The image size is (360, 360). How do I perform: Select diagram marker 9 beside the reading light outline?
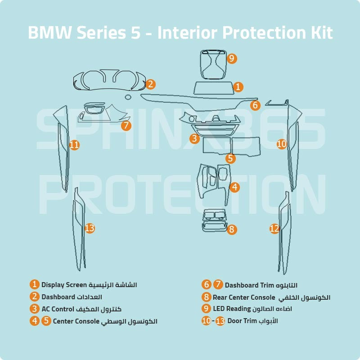[x=232, y=58]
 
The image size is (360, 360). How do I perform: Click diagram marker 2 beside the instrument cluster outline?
[x=151, y=84]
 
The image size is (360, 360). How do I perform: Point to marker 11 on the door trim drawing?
[x=75, y=145]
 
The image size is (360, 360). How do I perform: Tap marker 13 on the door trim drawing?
[x=90, y=228]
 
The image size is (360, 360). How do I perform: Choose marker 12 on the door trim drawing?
[x=274, y=229]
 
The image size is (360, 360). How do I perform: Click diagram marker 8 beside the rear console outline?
[x=232, y=229]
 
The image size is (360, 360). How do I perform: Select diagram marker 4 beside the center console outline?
[x=234, y=187]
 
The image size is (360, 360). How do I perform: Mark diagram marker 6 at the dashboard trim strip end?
[x=256, y=105]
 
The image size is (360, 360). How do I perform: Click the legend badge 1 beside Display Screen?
[x=35, y=284]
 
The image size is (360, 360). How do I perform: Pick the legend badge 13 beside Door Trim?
[x=220, y=321]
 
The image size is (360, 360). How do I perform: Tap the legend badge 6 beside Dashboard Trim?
[x=206, y=284]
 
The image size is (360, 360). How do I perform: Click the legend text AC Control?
[x=58, y=309]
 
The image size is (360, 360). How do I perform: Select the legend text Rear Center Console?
[x=244, y=297]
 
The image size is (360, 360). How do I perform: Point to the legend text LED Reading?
[x=232, y=309]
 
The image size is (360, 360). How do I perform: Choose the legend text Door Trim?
[x=243, y=321]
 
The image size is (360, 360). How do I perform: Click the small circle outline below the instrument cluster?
[x=128, y=97]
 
